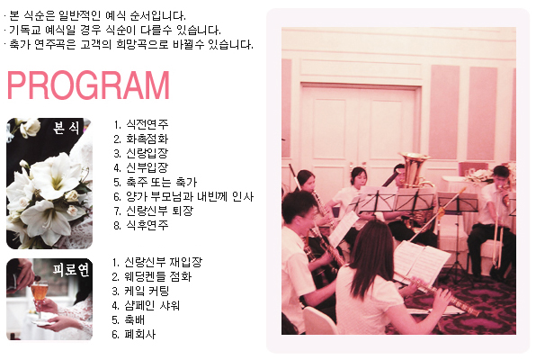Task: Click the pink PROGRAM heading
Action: point(88,85)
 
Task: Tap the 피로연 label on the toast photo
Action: point(71,269)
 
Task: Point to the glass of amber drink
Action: point(40,292)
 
